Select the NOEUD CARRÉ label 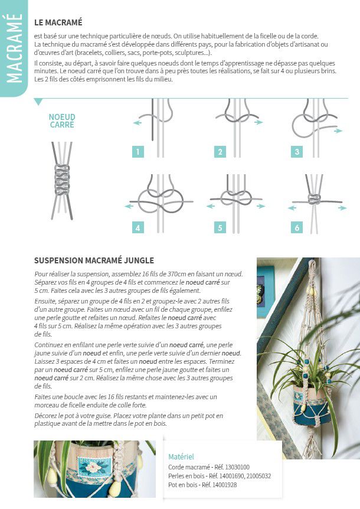[x=62, y=121]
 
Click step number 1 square [x=138, y=152]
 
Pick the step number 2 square [x=220, y=152]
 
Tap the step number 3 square [x=297, y=152]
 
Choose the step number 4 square [x=138, y=228]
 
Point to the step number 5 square [x=220, y=228]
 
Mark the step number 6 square [x=297, y=228]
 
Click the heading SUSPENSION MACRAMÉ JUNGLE [x=94, y=260]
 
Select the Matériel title [x=181, y=456]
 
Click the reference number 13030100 [x=236, y=466]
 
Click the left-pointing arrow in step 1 [x=138, y=123]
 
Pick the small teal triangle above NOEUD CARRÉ [x=38, y=102]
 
